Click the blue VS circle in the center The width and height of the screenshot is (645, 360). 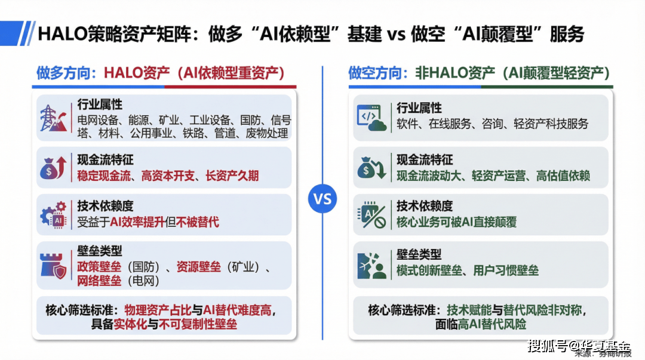pyautogui.click(x=322, y=199)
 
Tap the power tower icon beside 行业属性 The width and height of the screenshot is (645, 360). pyautogui.click(x=53, y=118)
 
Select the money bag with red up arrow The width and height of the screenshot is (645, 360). pyautogui.click(x=53, y=168)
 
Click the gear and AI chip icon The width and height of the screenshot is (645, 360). pyautogui.click(x=53, y=215)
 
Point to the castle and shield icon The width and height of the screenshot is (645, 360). pyautogui.click(x=53, y=266)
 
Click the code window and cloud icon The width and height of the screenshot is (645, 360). pyautogui.click(x=371, y=118)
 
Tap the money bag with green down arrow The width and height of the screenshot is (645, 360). pyautogui.click(x=371, y=168)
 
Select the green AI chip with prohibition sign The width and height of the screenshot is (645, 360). pyautogui.click(x=371, y=215)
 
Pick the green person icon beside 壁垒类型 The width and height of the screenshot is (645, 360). pyautogui.click(x=371, y=266)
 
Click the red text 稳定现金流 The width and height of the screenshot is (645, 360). pyautogui.click(x=104, y=176)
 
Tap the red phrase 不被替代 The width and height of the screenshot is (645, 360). pyautogui.click(x=198, y=222)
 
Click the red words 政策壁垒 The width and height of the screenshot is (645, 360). pyautogui.click(x=99, y=267)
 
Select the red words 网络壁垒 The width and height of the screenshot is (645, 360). pyautogui.click(x=99, y=281)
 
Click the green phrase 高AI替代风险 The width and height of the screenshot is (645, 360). pyautogui.click(x=492, y=325)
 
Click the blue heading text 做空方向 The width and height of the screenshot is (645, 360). pyautogui.click(x=374, y=73)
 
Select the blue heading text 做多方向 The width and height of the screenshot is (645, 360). pyautogui.click(x=63, y=73)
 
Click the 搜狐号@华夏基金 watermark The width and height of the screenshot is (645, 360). pyautogui.click(x=579, y=346)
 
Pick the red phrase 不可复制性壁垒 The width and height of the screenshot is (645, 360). pyautogui.click(x=198, y=325)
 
